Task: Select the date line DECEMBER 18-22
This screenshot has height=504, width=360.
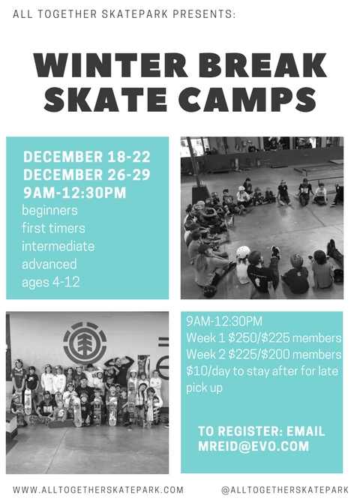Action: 87,157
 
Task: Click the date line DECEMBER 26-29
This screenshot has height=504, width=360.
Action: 87,175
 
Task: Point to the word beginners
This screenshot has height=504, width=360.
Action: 49,210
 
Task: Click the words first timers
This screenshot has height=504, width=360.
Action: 53,228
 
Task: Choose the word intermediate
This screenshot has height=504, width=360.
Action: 58,246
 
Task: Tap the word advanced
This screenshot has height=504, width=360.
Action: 49,264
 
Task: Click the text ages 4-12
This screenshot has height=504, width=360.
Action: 51,282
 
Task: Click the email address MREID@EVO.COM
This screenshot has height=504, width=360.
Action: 253,446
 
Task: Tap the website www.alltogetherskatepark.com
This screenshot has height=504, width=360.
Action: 98,490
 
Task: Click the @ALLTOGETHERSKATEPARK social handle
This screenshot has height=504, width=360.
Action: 285,490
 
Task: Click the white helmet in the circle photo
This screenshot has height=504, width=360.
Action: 243,252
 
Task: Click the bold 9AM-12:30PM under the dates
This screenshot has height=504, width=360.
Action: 74,193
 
